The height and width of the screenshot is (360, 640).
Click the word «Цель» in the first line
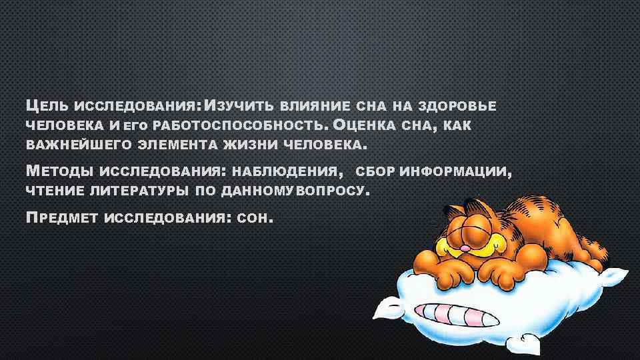pyautogui.click(x=47, y=105)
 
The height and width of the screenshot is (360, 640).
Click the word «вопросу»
pyautogui.click(x=333, y=192)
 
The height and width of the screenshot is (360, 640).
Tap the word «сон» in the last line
pyautogui.click(x=256, y=217)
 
